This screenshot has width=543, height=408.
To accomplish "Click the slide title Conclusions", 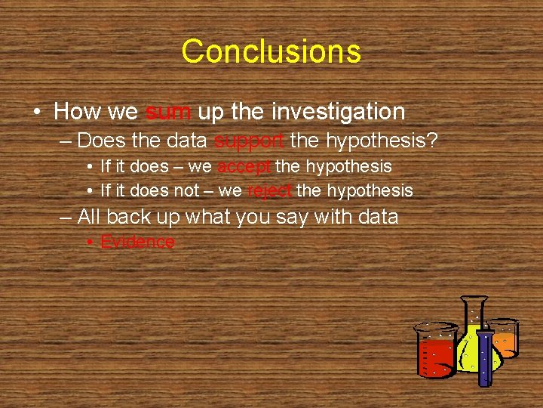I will pyautogui.click(x=271, y=51).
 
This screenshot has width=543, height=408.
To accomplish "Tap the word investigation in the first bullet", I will pyautogui.click(x=338, y=113).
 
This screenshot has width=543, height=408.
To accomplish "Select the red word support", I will pyautogui.click(x=249, y=141).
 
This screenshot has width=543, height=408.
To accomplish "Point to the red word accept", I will pyautogui.click(x=242, y=166).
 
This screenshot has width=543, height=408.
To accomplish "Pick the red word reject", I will pyautogui.click(x=269, y=190).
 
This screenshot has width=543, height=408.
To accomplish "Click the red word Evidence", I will pyautogui.click(x=137, y=243).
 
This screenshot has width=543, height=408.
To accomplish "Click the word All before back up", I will pyautogui.click(x=89, y=218).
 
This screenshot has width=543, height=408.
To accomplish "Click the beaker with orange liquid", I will pyautogui.click(x=505, y=338).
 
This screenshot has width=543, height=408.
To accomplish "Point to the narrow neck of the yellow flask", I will pyautogui.click(x=474, y=314).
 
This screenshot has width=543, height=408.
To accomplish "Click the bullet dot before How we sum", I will pyautogui.click(x=36, y=113).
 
